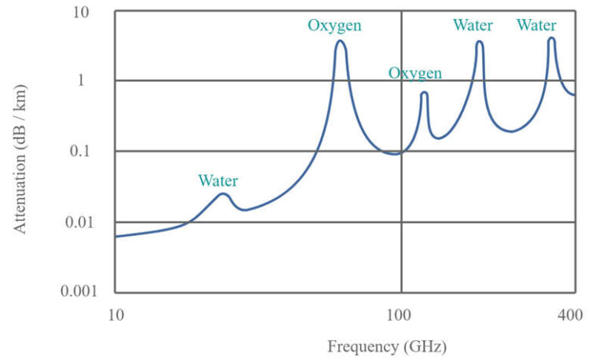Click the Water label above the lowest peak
[218, 181]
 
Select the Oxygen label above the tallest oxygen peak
[334, 25]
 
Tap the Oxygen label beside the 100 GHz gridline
[414, 73]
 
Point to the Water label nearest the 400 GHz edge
[536, 25]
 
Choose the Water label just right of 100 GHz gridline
[473, 25]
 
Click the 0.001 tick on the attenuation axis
[80, 292]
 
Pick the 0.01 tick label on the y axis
[83, 222]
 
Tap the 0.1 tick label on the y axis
[87, 151]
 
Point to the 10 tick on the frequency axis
[116, 316]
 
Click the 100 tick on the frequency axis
[401, 316]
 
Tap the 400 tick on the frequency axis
[569, 316]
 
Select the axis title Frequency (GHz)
[387, 346]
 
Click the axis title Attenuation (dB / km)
[20, 152]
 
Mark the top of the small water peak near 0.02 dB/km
[223, 193]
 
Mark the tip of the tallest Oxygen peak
[340, 41]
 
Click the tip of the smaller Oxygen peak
[424, 93]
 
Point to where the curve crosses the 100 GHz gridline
[401, 152]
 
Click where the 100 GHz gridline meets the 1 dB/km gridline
[401, 80]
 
